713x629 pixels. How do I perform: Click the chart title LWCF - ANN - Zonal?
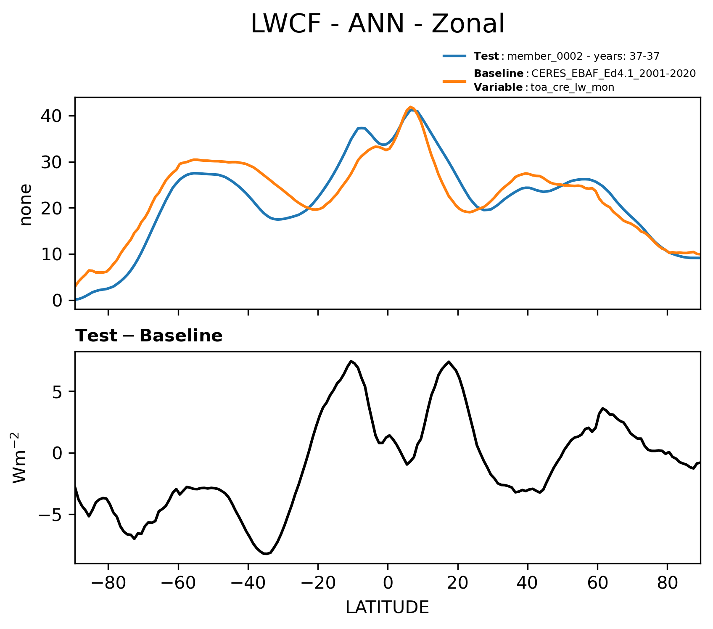coord(377,24)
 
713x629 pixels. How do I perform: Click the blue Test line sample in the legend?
coord(454,56)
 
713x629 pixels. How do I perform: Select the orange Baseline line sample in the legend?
coord(454,81)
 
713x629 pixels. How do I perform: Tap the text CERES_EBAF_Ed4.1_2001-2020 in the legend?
coord(613,74)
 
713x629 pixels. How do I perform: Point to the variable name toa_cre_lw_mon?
coord(573,87)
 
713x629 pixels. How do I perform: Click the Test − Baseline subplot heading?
coord(149,336)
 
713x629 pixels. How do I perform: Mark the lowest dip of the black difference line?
coord(265,554)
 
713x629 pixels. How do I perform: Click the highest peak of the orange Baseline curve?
coord(410,107)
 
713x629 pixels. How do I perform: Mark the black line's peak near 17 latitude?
coord(449,362)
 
